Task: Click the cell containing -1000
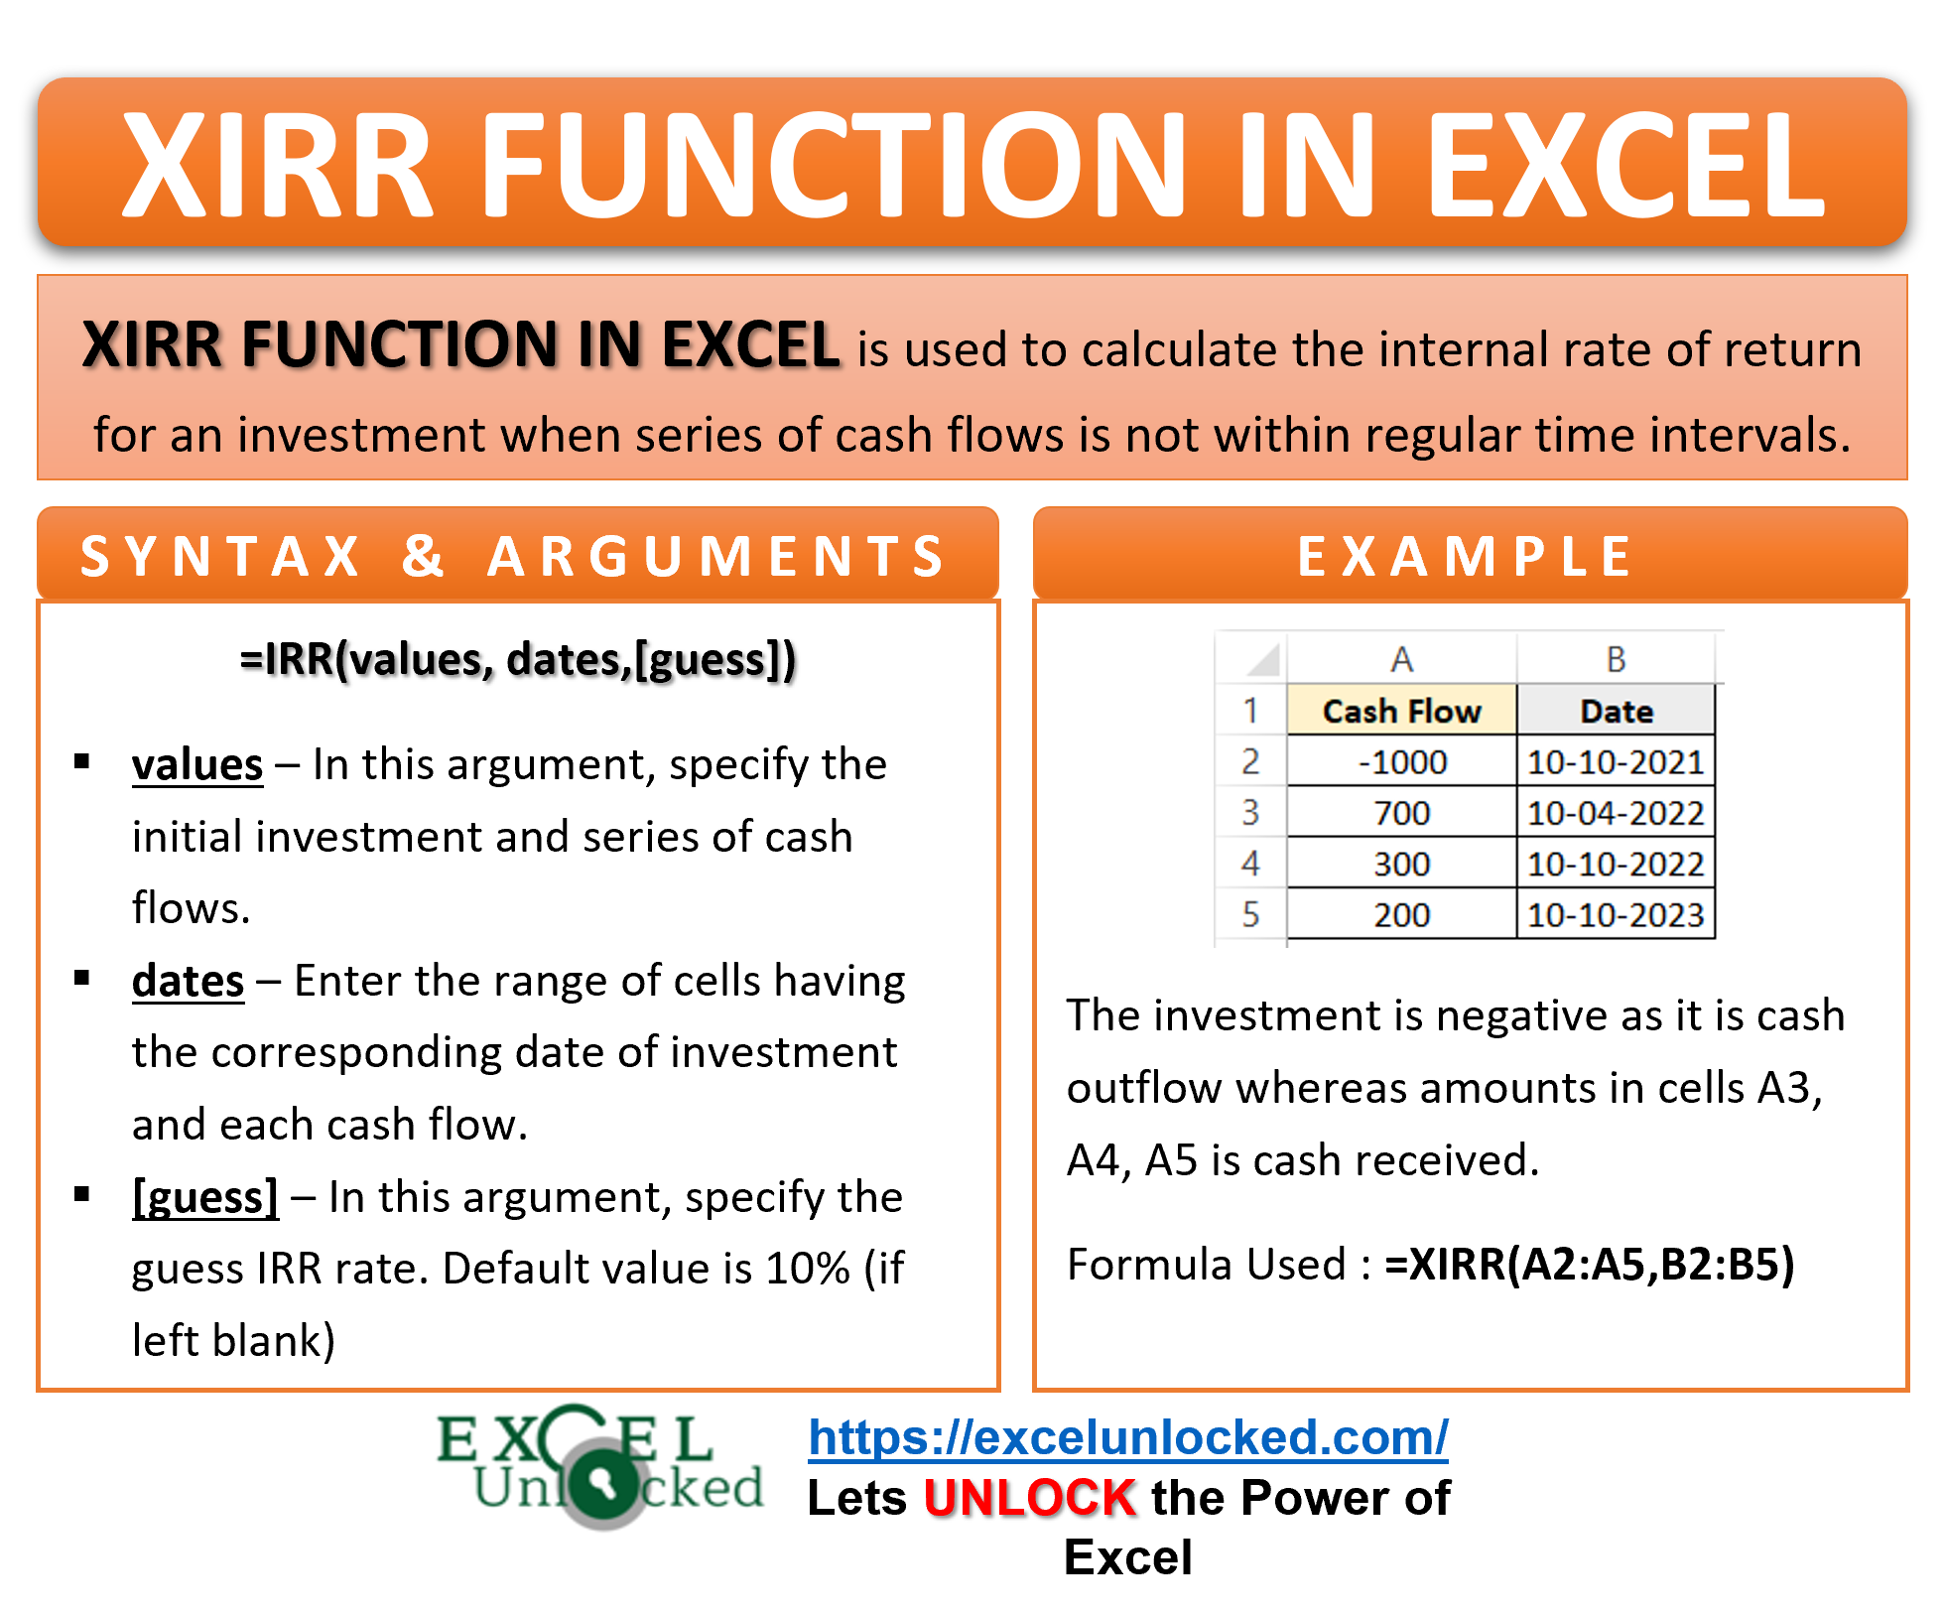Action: [x=1401, y=761]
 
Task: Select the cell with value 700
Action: [x=1401, y=812]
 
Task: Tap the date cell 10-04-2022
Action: [x=1616, y=812]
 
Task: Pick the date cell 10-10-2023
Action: [x=1616, y=913]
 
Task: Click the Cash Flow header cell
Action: [x=1401, y=711]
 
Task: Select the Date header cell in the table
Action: [x=1616, y=711]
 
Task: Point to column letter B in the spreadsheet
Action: [x=1616, y=659]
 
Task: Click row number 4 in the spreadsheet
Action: [x=1250, y=863]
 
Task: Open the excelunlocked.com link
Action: [x=1128, y=1437]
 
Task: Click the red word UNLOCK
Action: [x=1029, y=1497]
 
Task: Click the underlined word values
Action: [x=197, y=765]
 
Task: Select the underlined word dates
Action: [x=188, y=981]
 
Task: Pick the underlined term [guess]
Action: [x=205, y=1197]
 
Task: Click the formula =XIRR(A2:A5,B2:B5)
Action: [x=1590, y=1265]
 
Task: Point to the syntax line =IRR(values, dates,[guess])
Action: [x=518, y=660]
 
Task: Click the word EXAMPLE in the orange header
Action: [x=1466, y=556]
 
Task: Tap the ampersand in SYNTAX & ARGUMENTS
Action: [x=424, y=556]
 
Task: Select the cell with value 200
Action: [x=1401, y=913]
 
